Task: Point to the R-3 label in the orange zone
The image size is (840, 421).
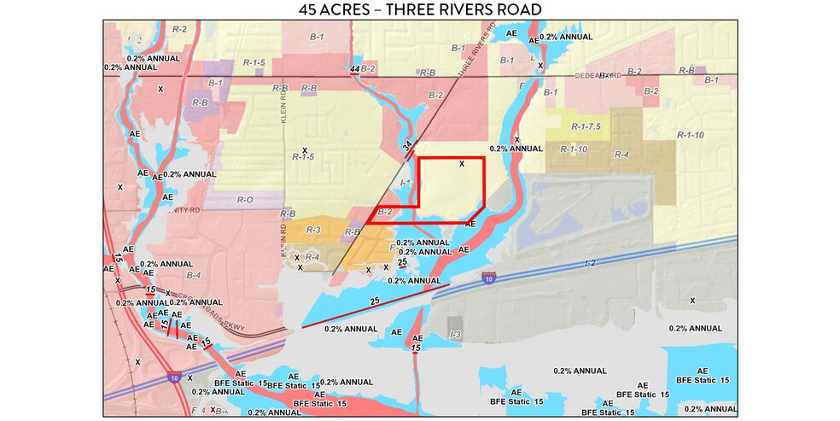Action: coord(312,229)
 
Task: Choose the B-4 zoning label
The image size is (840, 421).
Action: coord(193,275)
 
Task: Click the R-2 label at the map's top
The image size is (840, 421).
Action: coord(179,29)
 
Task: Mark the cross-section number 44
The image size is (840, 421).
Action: coord(354,67)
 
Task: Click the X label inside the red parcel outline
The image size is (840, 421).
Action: coord(462,163)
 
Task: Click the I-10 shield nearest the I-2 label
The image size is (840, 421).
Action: coord(487,278)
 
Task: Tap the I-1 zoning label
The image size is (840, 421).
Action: coord(405,182)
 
